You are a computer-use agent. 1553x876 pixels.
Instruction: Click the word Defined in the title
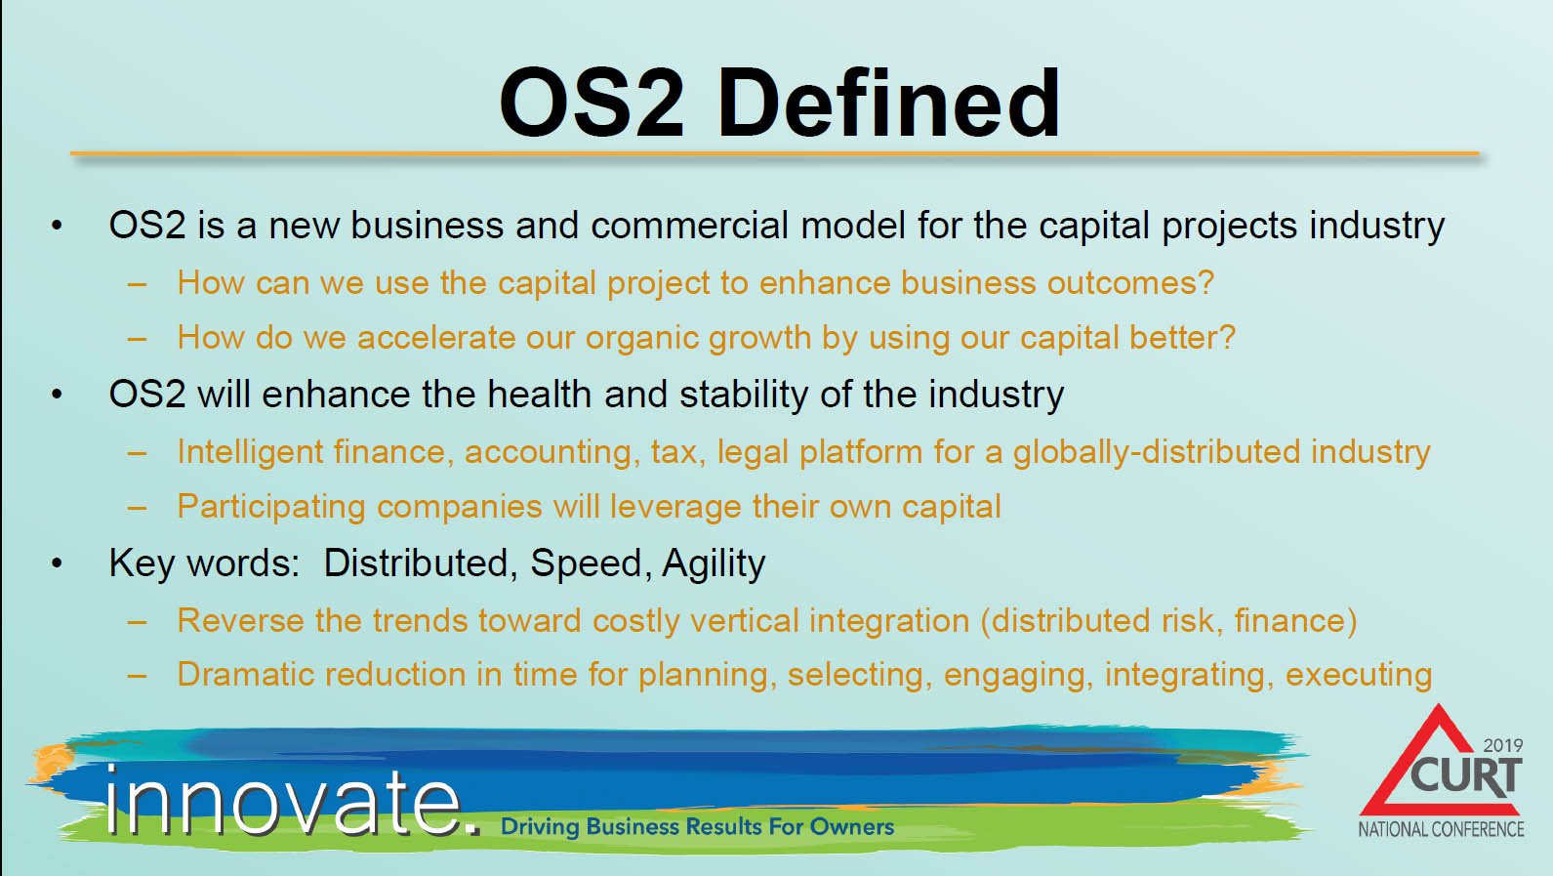pyautogui.click(x=888, y=104)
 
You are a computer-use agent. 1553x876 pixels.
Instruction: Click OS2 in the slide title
pyautogui.click(x=593, y=104)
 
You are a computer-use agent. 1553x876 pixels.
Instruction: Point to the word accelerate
pyautogui.click(x=436, y=338)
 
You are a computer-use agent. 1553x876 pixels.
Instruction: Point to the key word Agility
pyautogui.click(x=714, y=563)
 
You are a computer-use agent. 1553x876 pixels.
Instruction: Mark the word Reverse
pyautogui.click(x=240, y=620)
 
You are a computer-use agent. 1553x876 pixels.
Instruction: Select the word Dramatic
pyautogui.click(x=245, y=675)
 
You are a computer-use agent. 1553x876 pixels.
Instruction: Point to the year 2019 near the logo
pyautogui.click(x=1503, y=745)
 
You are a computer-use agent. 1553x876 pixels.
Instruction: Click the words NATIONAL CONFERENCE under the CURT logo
pyautogui.click(x=1441, y=829)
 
